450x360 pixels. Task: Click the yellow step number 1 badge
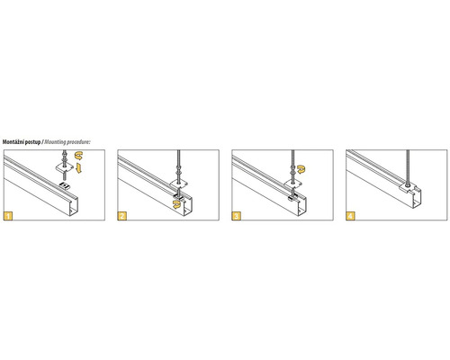click(x=8, y=216)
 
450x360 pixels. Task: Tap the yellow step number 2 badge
click(x=122, y=216)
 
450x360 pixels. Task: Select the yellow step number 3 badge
click(x=237, y=216)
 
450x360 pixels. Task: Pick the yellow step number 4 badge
click(x=350, y=216)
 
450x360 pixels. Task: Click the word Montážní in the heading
click(x=13, y=142)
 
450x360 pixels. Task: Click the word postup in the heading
click(x=32, y=142)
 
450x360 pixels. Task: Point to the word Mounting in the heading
click(x=55, y=142)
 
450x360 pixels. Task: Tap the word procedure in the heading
click(x=78, y=142)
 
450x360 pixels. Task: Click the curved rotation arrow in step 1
click(x=79, y=156)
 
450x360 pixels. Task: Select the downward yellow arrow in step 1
click(x=78, y=168)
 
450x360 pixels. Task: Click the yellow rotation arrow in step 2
click(x=177, y=205)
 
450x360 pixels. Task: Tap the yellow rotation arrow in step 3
click(x=301, y=169)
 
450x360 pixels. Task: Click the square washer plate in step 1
click(x=65, y=167)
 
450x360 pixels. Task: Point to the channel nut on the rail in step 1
click(x=65, y=186)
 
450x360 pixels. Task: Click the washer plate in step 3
click(x=292, y=183)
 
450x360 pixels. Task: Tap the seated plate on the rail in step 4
click(x=408, y=188)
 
